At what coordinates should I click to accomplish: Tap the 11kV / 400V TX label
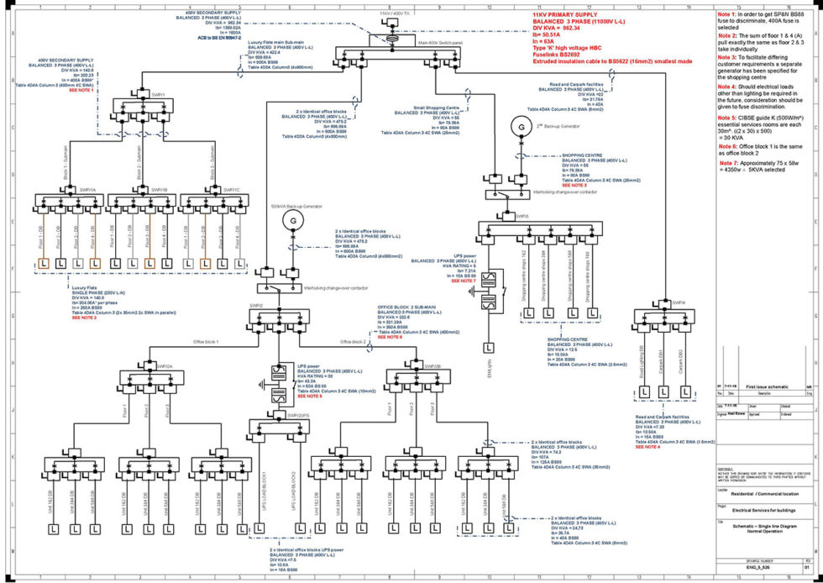pyautogui.click(x=394, y=14)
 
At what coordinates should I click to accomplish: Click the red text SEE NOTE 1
pyautogui.click(x=81, y=89)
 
